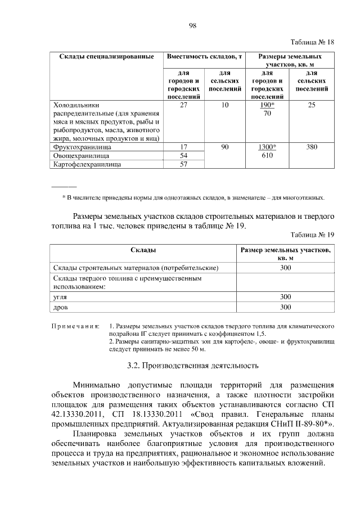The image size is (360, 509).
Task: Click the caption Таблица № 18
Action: [312, 42]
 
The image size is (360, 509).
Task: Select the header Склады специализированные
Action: [103, 57]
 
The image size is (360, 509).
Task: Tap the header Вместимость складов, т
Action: [205, 57]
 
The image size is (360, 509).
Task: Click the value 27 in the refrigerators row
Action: [183, 105]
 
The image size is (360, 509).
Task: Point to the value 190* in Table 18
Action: [267, 105]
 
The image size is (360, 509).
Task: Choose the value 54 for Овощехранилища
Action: [183, 155]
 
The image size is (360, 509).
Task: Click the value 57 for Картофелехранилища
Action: [183, 164]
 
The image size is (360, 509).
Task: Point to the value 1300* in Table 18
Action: [267, 147]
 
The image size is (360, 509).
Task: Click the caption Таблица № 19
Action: [312, 235]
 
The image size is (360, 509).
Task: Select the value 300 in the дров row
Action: [285, 307]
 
